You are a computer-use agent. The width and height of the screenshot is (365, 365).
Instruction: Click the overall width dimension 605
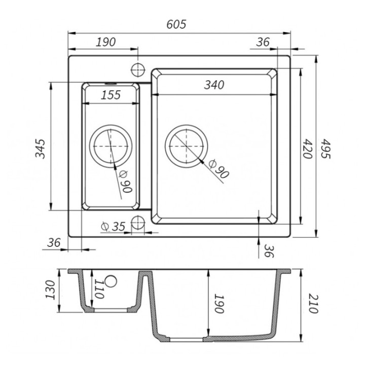pos(176,24)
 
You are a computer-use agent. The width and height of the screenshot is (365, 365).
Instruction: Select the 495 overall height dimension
pos(325,149)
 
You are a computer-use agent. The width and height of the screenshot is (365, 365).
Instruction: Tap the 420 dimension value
pos(307,149)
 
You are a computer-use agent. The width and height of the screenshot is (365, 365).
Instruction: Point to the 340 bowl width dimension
pos(214,85)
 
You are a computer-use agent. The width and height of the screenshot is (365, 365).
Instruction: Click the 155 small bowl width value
pos(111,95)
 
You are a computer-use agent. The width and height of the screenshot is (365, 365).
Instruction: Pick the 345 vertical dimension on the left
pos(40,149)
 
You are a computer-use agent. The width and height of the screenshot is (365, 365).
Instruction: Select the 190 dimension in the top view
pos(105,42)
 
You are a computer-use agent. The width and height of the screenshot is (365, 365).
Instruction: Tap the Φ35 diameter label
pos(114,226)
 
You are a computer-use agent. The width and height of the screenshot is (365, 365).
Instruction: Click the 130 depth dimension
pos(50,290)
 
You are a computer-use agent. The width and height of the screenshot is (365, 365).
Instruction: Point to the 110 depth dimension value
pos(99,289)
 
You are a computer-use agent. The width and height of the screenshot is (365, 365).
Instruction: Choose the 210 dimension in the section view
pos(313,304)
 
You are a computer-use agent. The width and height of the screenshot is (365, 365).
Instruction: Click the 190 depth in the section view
pos(219,304)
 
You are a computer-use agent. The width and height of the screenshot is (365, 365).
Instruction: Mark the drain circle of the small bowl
pos(111,146)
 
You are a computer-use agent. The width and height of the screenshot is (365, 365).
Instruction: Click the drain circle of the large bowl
pos(186,146)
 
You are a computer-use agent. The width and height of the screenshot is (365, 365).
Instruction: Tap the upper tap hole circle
pos(138,69)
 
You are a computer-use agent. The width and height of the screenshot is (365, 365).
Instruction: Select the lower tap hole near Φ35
pos(138,223)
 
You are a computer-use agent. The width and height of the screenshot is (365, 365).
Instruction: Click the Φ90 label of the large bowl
pos(219,169)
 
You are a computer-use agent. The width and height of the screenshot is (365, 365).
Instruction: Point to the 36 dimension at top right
pos(263,42)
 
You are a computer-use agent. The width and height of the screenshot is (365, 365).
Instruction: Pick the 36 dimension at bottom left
pos(54,243)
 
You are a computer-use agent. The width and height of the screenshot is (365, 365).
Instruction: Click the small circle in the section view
pos(111,281)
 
